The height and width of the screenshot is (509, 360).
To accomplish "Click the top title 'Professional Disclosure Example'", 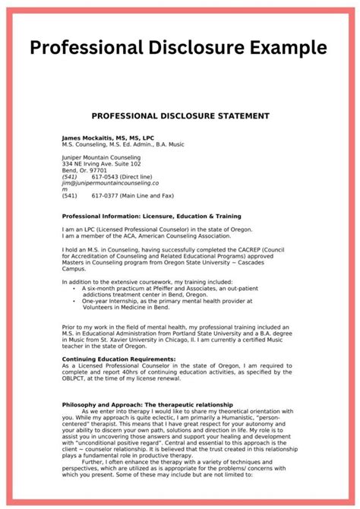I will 179,48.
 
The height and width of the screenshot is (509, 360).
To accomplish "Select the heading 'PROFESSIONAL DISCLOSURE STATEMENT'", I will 180,115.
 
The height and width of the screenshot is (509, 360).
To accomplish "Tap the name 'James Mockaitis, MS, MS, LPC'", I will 109,138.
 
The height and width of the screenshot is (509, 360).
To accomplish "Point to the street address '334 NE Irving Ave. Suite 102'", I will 101,163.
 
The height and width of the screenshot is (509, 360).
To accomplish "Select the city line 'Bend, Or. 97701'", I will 86,170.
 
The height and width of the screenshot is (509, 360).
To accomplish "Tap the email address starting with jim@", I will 110,183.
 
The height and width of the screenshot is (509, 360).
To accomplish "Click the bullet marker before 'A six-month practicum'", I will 74,289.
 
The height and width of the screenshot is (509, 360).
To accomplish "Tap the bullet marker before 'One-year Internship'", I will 74,301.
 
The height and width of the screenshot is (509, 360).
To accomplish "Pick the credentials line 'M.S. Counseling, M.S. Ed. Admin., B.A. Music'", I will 124,144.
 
